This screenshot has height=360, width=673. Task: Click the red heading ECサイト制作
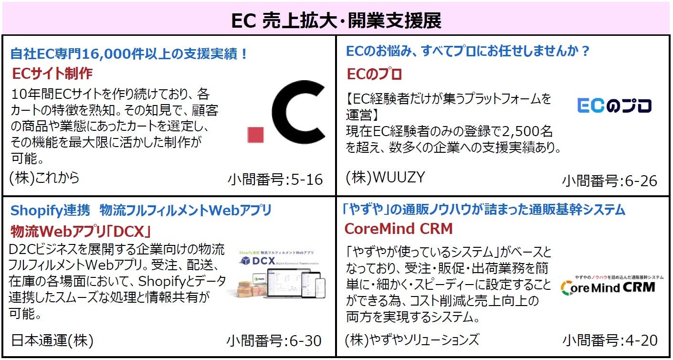pos(53,74)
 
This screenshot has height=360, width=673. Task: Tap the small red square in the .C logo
pos(255,135)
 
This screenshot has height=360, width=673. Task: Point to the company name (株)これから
pos(44,177)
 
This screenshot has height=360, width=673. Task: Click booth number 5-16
pos(275,180)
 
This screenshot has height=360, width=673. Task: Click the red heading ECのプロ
pos(374,74)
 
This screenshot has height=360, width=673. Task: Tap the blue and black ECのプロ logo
pos(614,106)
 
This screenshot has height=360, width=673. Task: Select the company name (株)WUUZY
pos(385,177)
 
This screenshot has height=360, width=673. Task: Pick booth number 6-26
pos(610,181)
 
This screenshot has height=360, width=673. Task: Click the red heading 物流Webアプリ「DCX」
pos(81,232)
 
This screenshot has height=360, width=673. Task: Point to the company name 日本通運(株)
pos(52,340)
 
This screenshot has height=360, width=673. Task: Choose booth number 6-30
pos(274,341)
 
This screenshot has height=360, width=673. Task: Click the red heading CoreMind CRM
pos(398,229)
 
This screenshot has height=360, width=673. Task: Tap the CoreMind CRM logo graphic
pos(608,285)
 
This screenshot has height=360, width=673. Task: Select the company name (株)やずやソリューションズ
pos(411,340)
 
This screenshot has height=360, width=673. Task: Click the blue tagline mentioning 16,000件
pos(129,53)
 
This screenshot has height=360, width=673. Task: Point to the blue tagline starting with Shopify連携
pos(141,210)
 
